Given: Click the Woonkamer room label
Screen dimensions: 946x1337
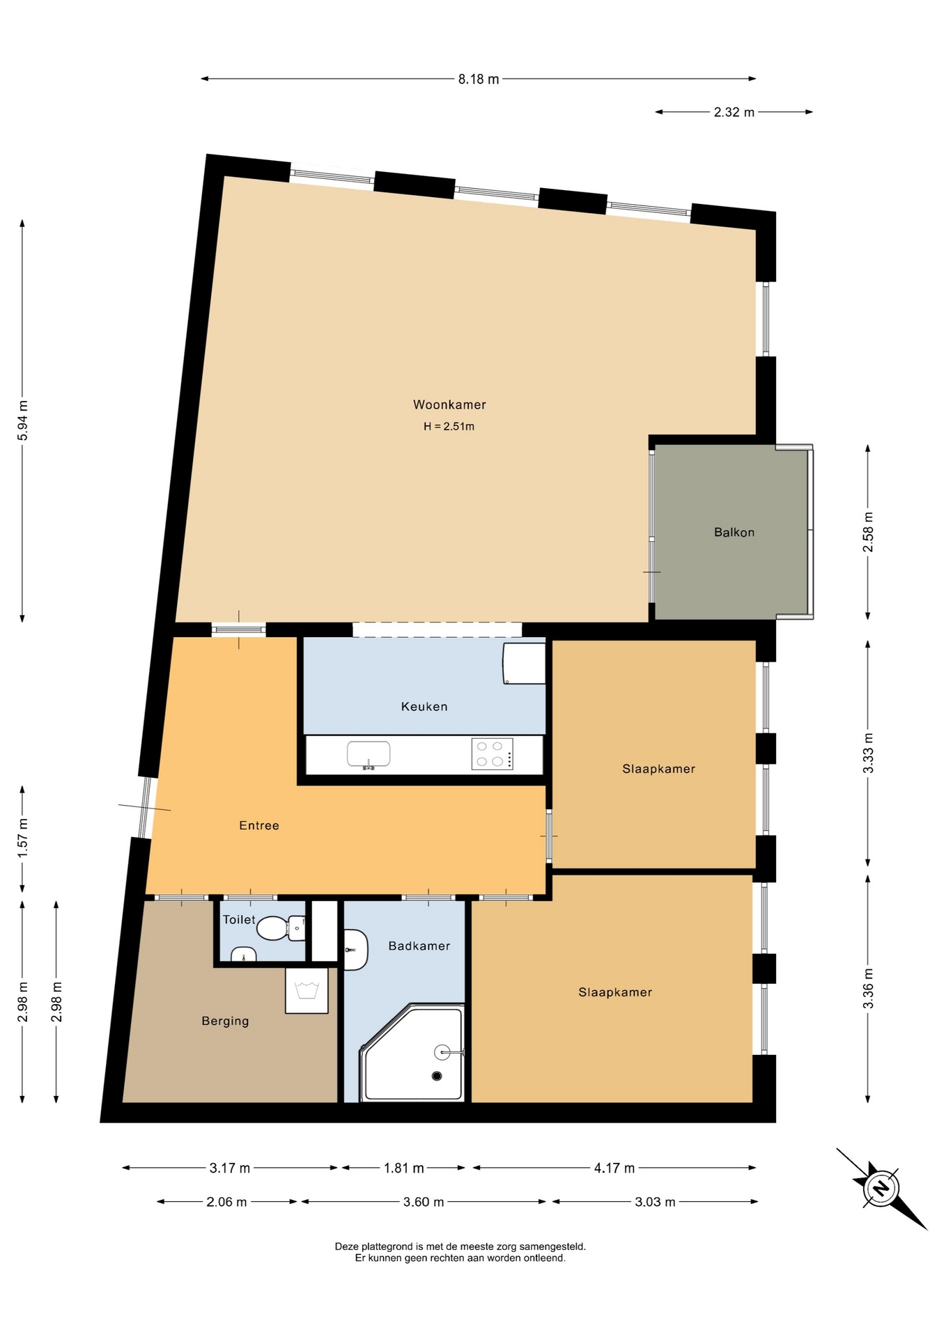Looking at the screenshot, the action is click(x=449, y=405).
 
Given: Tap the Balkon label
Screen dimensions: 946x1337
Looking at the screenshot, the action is click(x=734, y=532).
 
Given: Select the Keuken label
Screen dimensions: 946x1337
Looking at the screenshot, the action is click(x=424, y=706).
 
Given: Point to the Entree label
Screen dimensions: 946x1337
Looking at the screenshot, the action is click(x=259, y=825).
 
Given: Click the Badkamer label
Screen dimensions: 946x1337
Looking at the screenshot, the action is click(x=419, y=946).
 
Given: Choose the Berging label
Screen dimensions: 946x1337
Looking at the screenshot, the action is click(x=225, y=1021).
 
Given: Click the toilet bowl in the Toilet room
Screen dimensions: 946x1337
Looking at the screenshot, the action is click(x=281, y=928).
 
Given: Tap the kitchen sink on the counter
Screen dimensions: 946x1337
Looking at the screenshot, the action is click(x=369, y=755).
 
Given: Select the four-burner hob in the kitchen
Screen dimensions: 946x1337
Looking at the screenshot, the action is click(x=493, y=753).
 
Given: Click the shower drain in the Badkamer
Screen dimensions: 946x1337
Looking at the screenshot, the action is click(x=437, y=1076).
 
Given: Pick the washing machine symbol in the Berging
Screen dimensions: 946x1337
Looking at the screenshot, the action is click(x=307, y=990).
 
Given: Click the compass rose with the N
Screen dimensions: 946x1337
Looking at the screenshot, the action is click(x=881, y=1188).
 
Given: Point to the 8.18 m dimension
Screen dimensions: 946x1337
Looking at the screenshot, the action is click(x=479, y=79).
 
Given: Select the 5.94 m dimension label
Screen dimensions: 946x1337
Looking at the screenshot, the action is click(x=22, y=421).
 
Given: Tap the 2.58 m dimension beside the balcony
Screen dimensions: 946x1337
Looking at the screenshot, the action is click(x=868, y=532).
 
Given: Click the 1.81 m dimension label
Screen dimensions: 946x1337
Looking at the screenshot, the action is click(x=404, y=1168).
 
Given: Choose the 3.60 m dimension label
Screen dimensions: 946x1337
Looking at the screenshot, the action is click(x=424, y=1202).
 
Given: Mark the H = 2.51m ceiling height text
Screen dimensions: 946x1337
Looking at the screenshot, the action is click(x=449, y=426).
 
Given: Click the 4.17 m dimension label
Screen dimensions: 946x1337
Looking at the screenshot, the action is click(x=614, y=1168).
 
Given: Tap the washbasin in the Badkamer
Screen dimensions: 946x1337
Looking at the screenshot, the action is click(x=356, y=950).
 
